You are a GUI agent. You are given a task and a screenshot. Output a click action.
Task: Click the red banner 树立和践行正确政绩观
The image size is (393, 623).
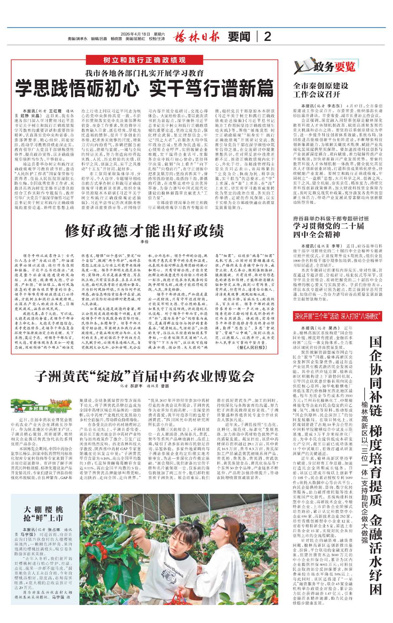point(144,60)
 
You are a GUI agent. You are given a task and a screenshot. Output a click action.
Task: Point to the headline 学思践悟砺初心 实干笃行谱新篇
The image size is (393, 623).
point(144,88)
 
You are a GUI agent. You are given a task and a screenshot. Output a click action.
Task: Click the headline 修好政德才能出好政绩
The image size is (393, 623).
point(144,231)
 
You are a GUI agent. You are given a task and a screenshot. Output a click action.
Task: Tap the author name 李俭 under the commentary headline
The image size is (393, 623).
point(144,242)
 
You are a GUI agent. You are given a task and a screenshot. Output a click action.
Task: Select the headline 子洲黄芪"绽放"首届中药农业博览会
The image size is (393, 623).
point(144,376)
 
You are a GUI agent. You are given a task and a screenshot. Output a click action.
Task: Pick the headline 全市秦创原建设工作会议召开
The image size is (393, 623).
point(321,90)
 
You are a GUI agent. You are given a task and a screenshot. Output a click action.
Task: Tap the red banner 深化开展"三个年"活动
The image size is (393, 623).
point(337,316)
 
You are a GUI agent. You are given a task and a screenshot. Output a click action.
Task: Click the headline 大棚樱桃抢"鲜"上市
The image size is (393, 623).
point(43,514)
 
